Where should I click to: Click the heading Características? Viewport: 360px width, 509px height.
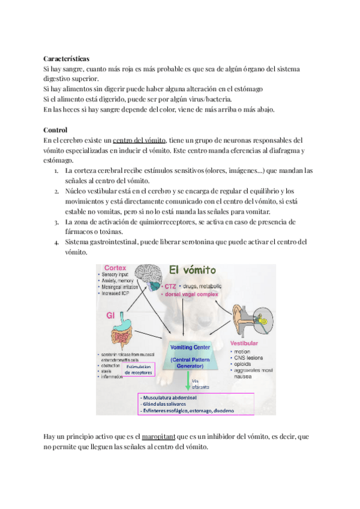67,59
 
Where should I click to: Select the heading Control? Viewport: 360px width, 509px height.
55,130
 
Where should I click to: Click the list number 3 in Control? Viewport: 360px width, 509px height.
56,222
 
